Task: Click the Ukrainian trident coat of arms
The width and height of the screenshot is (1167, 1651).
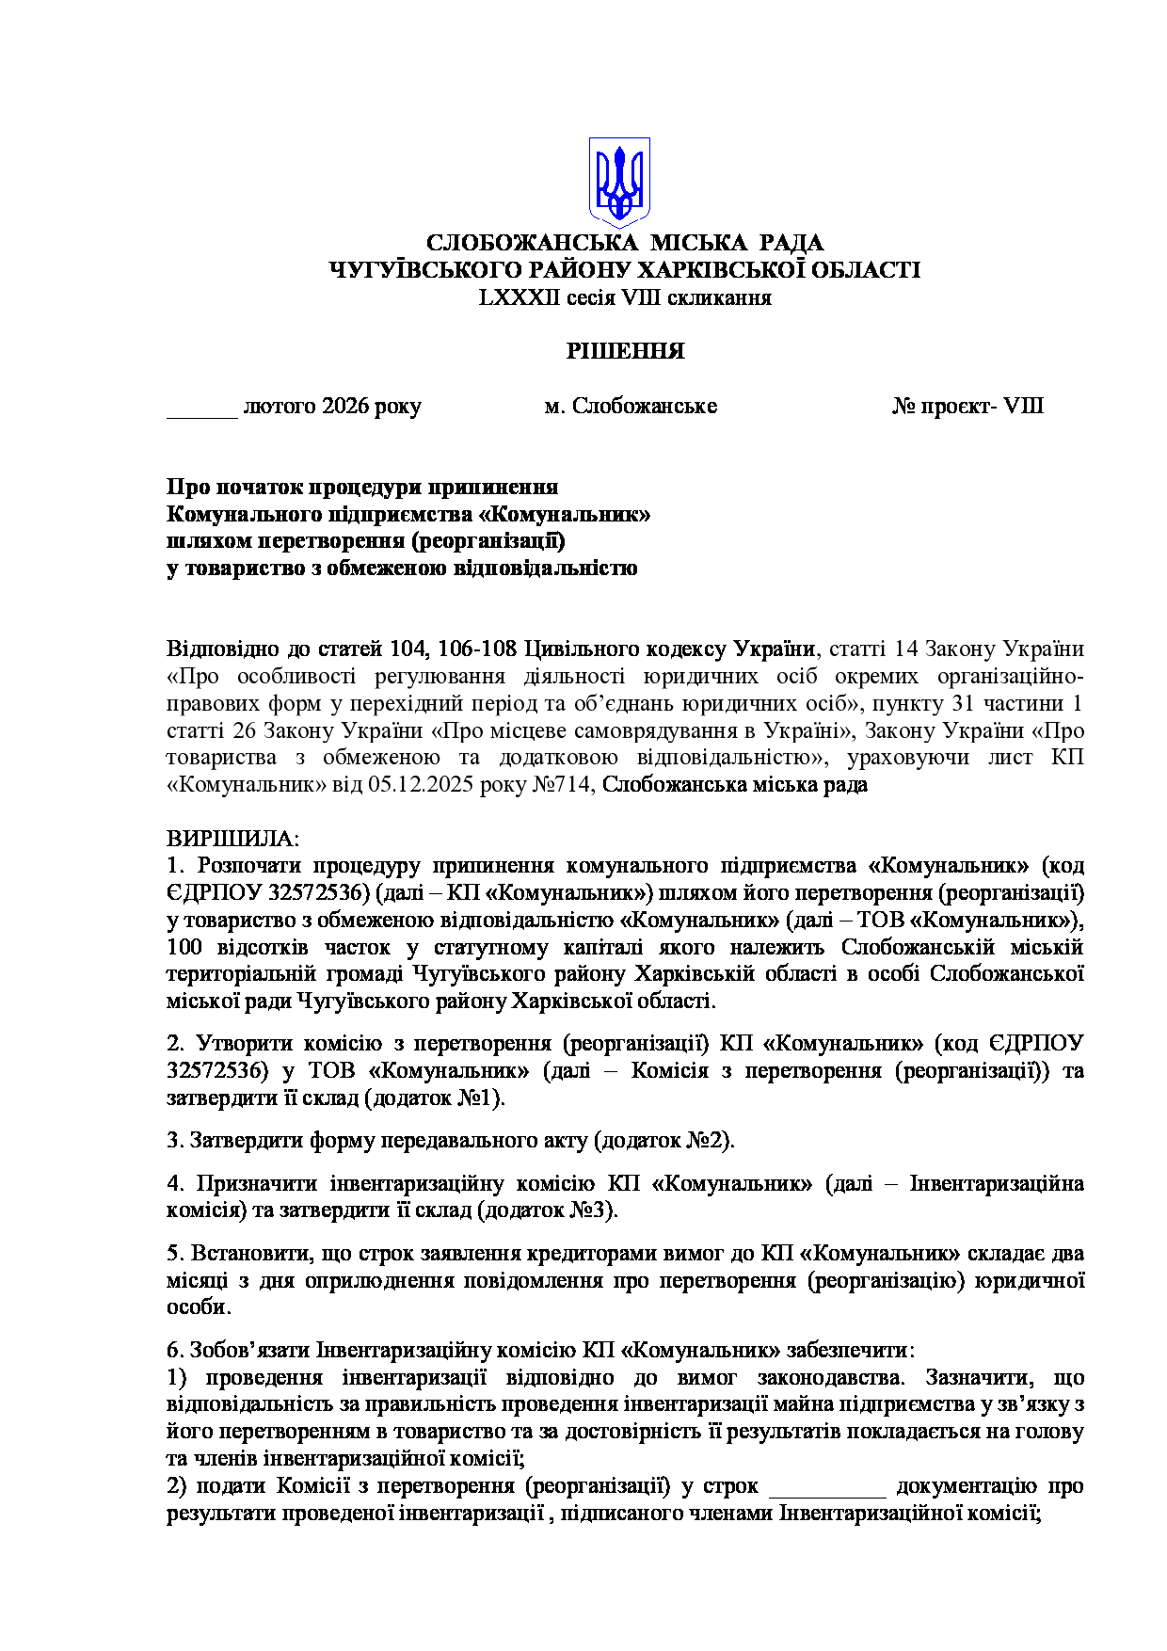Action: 619,182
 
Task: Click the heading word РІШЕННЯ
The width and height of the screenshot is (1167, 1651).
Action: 625,351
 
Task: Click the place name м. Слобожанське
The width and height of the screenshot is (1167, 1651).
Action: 631,407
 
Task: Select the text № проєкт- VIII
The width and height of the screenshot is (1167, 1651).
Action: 967,407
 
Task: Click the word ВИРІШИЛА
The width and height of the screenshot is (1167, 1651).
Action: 232,838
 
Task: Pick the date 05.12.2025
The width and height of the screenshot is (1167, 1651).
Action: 424,785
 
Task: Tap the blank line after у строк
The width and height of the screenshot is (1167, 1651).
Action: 827,1486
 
